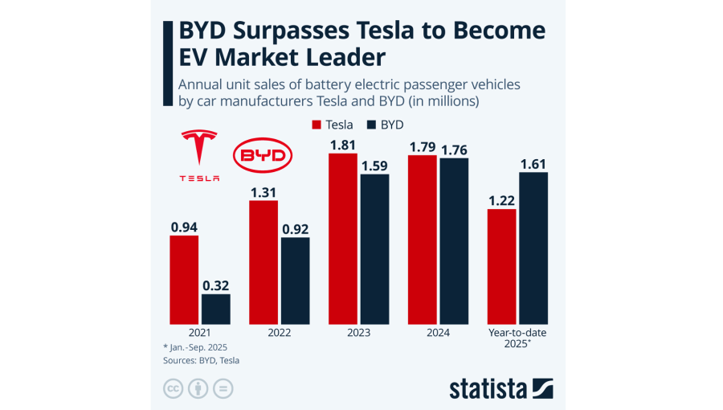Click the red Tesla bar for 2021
pyautogui.click(x=184, y=278)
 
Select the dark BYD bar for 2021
pyautogui.click(x=215, y=308)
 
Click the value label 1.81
pyautogui.click(x=343, y=146)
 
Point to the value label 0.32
pyautogui.click(x=215, y=285)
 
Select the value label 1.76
pyautogui.click(x=454, y=150)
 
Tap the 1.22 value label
pyautogui.click(x=502, y=201)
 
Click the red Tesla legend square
pyautogui.click(x=316, y=125)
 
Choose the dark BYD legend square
pyautogui.click(x=372, y=125)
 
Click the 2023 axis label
pyautogui.click(x=359, y=333)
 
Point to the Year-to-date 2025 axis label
pyautogui.click(x=517, y=338)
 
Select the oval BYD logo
pyautogui.click(x=261, y=155)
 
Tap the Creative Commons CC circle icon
pyautogui.click(x=173, y=388)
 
